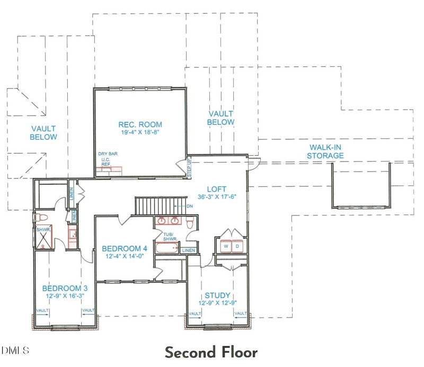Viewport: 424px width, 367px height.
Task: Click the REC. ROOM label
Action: (x=140, y=124)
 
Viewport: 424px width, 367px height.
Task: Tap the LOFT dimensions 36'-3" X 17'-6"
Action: (x=217, y=197)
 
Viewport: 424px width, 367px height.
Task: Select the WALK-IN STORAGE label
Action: (x=325, y=151)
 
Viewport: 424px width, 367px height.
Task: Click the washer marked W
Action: (x=226, y=246)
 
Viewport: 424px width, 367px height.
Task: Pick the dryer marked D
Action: (x=237, y=246)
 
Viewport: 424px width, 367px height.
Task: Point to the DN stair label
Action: (x=190, y=206)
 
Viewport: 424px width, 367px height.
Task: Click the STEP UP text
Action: (x=189, y=168)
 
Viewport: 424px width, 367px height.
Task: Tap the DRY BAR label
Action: (x=108, y=154)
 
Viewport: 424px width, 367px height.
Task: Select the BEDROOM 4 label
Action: (x=125, y=248)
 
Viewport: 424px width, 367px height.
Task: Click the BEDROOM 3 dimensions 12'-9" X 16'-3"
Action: (x=65, y=296)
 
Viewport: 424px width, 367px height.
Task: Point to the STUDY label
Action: (x=217, y=296)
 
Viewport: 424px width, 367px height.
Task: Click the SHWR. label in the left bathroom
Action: (x=43, y=230)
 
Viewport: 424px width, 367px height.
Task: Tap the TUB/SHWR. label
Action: (x=170, y=237)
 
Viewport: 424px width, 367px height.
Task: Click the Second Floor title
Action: (x=211, y=352)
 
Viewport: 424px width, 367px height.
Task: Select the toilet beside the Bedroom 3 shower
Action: (x=41, y=218)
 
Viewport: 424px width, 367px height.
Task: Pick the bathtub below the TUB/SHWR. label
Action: (x=167, y=248)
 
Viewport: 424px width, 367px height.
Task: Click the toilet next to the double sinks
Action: (x=190, y=222)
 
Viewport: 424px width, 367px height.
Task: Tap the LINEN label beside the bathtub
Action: (x=189, y=250)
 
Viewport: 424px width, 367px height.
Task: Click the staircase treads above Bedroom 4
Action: (x=161, y=206)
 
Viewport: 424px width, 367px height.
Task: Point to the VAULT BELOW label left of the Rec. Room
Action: (x=43, y=133)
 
